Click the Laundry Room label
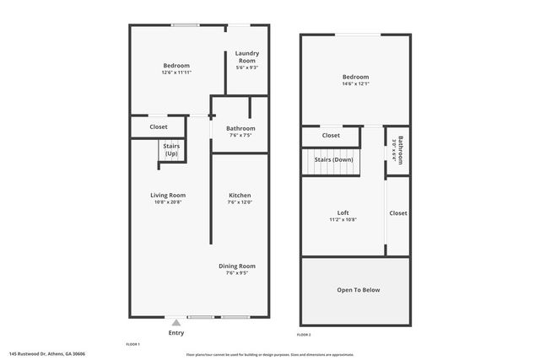tap(246, 56)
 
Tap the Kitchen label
tap(240, 195)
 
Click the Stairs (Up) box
tap(171, 150)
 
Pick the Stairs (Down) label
tap(333, 159)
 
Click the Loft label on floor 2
tap(343, 212)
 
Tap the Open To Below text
tap(358, 290)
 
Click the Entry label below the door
tap(175, 333)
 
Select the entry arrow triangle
tap(175, 322)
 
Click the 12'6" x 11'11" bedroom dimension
tap(176, 73)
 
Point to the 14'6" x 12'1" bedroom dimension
tap(355, 83)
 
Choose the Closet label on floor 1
tap(159, 127)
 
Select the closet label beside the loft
tap(398, 213)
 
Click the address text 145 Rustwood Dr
tap(47, 354)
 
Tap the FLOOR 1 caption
tap(132, 345)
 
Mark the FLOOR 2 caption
tap(304, 336)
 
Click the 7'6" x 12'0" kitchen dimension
tap(240, 202)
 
